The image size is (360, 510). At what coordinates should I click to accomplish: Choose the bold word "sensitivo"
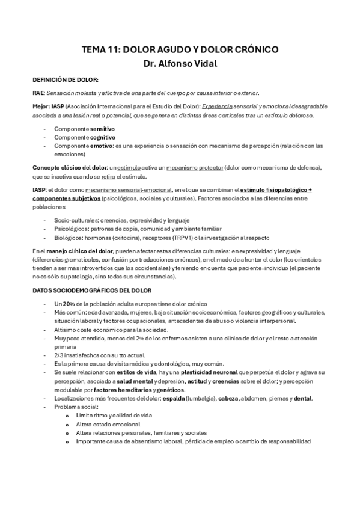pos(102,129)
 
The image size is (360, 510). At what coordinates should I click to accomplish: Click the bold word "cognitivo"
pos(103,137)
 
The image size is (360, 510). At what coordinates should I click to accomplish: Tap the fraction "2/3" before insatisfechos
pos(59,355)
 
